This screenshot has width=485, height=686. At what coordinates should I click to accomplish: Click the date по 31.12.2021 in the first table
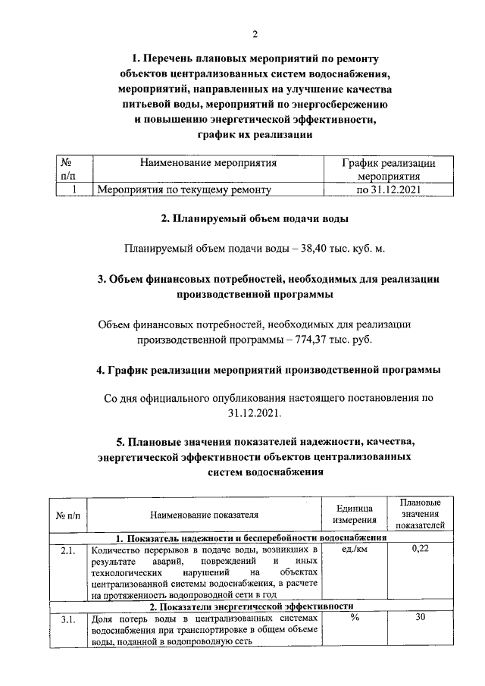pos(388,190)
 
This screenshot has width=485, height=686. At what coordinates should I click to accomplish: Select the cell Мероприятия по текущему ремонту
pos(182,190)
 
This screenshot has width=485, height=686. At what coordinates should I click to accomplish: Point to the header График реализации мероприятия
pos(388,169)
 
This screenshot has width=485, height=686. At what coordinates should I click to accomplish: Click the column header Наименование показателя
pos(205,515)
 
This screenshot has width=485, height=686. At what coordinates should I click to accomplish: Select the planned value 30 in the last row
pos(420,619)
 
